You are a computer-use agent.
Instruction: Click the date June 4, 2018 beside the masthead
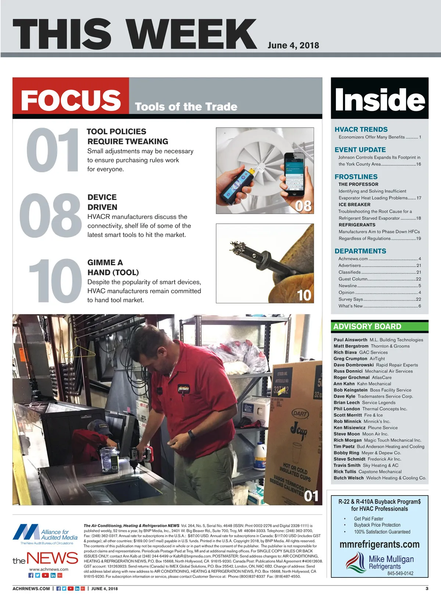(293, 45)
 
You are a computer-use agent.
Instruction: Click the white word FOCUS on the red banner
(71, 100)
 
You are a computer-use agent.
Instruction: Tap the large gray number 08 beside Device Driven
(50, 216)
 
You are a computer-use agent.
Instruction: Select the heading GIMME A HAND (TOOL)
(113, 267)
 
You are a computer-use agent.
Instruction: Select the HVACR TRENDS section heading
(361, 129)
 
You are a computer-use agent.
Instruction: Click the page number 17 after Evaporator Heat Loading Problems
(419, 198)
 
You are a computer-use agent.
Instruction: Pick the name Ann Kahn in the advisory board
(344, 383)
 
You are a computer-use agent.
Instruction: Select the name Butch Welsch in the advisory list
(349, 478)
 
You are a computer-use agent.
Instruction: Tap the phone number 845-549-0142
(400, 573)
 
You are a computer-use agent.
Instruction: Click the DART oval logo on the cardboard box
(300, 414)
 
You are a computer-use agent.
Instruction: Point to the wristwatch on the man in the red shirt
(191, 435)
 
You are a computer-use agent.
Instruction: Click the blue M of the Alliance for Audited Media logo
(26, 532)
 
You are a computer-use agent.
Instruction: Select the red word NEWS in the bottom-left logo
(52, 558)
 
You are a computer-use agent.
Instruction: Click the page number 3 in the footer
(427, 589)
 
